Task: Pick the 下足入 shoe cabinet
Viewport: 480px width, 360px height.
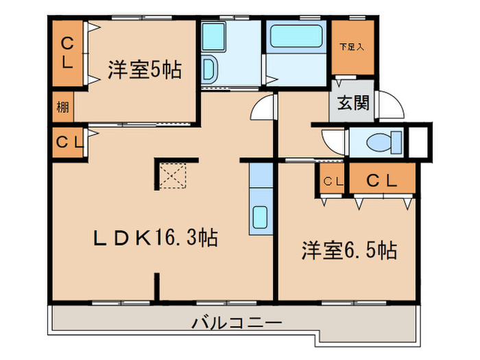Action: point(353,48)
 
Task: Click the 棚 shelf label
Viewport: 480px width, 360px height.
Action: point(62,107)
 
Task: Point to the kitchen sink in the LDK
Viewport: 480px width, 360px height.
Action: point(261,217)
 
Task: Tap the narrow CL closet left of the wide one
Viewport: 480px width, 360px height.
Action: point(332,181)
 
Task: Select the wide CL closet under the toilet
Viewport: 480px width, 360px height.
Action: point(382,180)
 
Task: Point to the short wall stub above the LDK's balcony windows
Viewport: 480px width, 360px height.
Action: point(157,287)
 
